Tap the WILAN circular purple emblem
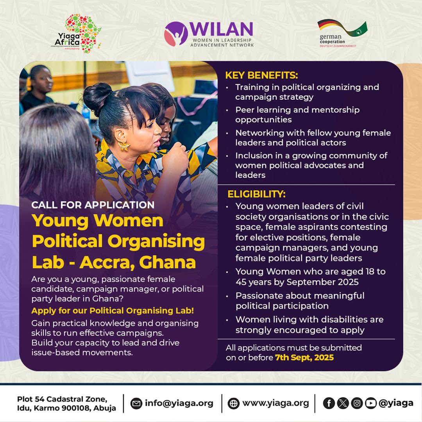coord(175,34)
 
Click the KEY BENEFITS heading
coord(261,75)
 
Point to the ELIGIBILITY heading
coord(256,194)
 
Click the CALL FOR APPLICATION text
coord(93,205)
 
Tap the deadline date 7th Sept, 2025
coord(304,357)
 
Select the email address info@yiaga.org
coord(179,403)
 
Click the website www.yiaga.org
coord(275,403)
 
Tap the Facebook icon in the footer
coord(329,403)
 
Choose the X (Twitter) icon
coord(343,403)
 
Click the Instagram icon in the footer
coord(357,403)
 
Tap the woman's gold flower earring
coord(124,146)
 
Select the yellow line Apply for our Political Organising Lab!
coord(113,311)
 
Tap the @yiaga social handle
coord(396,403)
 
